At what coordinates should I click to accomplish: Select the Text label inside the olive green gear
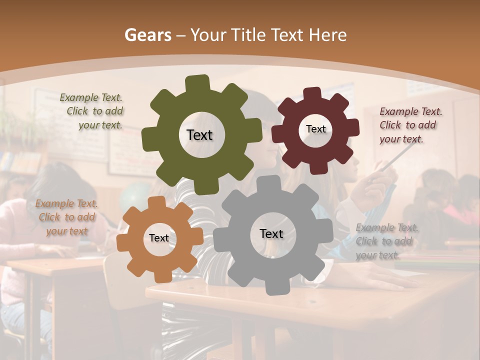[199, 135]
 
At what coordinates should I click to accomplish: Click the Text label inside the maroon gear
[315, 129]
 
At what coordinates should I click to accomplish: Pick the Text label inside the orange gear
[159, 238]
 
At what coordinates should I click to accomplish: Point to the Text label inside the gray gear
[271, 233]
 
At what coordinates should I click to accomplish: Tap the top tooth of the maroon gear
[312, 93]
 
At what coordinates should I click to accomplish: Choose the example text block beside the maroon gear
[410, 125]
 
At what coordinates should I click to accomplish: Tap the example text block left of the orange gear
[66, 217]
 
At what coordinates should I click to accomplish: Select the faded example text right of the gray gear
[387, 241]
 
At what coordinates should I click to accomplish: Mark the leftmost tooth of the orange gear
[123, 241]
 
